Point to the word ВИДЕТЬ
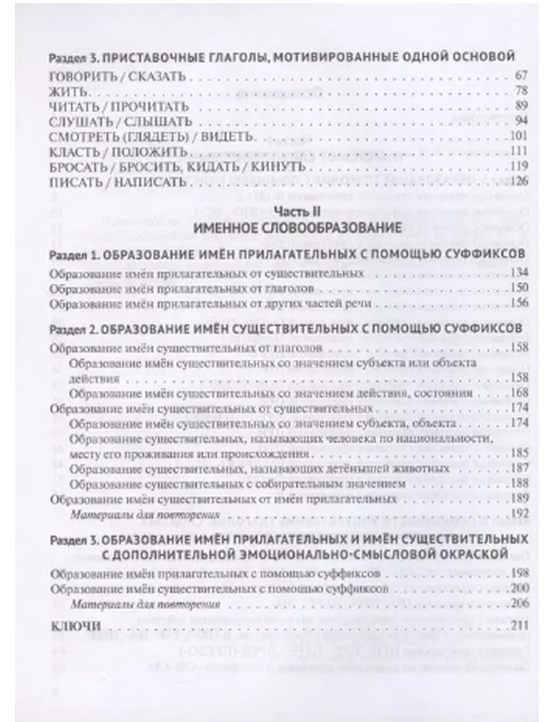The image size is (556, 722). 227,137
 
